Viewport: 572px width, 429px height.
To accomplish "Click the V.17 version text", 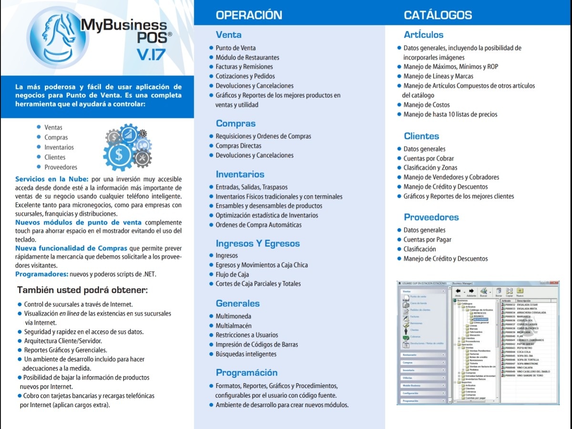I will (151, 54).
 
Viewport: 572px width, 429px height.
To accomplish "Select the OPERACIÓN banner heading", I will (249, 15).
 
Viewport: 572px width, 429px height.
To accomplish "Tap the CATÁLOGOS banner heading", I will (438, 15).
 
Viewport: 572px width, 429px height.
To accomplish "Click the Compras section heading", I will (235, 123).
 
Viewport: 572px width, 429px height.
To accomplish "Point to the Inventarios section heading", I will (240, 174).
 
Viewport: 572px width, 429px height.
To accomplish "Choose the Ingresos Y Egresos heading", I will (257, 244).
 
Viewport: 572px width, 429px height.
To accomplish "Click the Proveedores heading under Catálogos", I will (431, 217).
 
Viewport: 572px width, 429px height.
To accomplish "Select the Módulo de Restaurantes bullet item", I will (247, 57).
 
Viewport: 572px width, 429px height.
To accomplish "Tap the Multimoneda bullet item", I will (233, 316).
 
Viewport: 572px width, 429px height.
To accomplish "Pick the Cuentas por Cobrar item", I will (429, 158).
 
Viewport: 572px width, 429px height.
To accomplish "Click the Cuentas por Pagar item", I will (427, 240).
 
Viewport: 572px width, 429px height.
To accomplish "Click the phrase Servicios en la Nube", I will (51, 179).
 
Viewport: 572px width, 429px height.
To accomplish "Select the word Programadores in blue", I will (41, 274).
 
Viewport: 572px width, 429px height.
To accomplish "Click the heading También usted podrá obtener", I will (82, 290).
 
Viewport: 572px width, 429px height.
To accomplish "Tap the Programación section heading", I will (246, 373).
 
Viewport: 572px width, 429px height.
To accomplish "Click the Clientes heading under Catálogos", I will (421, 136).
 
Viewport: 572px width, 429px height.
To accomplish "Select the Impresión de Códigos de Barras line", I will (256, 345).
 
